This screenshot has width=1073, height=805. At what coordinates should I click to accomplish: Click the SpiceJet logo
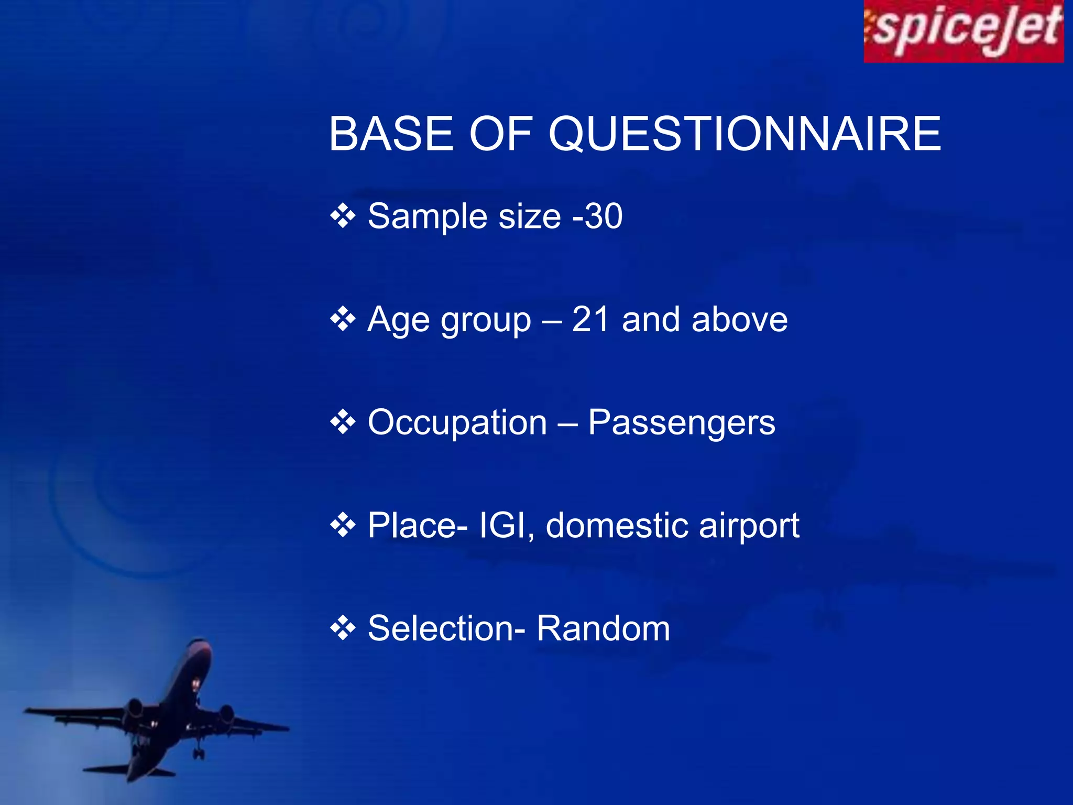pyautogui.click(x=963, y=31)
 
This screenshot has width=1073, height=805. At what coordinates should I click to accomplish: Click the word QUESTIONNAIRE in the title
pyautogui.click(x=744, y=135)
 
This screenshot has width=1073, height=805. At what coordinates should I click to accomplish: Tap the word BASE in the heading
pyautogui.click(x=391, y=134)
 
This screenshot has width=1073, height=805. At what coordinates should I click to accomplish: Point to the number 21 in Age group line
pyautogui.click(x=590, y=319)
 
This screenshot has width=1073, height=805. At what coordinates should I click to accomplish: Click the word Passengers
pyautogui.click(x=681, y=422)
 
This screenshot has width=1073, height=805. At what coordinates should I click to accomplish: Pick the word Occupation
pyautogui.click(x=457, y=422)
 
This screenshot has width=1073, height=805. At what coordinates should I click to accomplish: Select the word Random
pyautogui.click(x=603, y=628)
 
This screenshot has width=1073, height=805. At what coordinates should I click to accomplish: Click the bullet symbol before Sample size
pyautogui.click(x=343, y=216)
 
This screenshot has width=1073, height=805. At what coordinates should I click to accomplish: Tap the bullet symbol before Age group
pyautogui.click(x=343, y=319)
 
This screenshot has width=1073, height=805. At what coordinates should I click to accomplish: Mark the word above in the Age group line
pyautogui.click(x=739, y=319)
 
